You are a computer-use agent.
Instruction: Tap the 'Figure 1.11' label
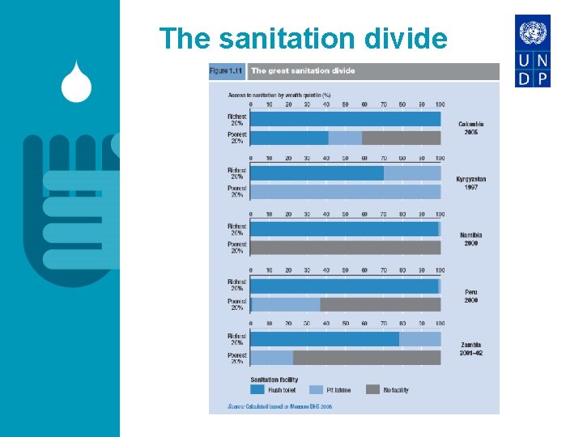(226, 71)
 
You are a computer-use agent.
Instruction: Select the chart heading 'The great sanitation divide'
(303, 71)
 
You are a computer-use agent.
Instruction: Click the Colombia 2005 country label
(470, 128)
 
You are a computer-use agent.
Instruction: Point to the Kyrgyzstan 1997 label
(470, 183)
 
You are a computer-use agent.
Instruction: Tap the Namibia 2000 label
(470, 239)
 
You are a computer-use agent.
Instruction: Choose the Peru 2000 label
(470, 295)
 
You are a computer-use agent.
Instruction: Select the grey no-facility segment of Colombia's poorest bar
(401, 138)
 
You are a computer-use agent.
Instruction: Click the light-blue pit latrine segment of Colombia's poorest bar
(345, 138)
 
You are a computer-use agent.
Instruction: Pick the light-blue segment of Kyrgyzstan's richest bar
(412, 173)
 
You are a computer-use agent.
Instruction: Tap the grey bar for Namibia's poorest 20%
(345, 248)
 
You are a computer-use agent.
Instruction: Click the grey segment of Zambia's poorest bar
(367, 357)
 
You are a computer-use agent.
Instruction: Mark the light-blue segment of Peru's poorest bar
(286, 304)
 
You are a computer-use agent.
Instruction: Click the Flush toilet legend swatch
(258, 390)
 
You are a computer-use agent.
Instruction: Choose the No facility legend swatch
(372, 390)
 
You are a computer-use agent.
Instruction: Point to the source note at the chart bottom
(280, 406)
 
